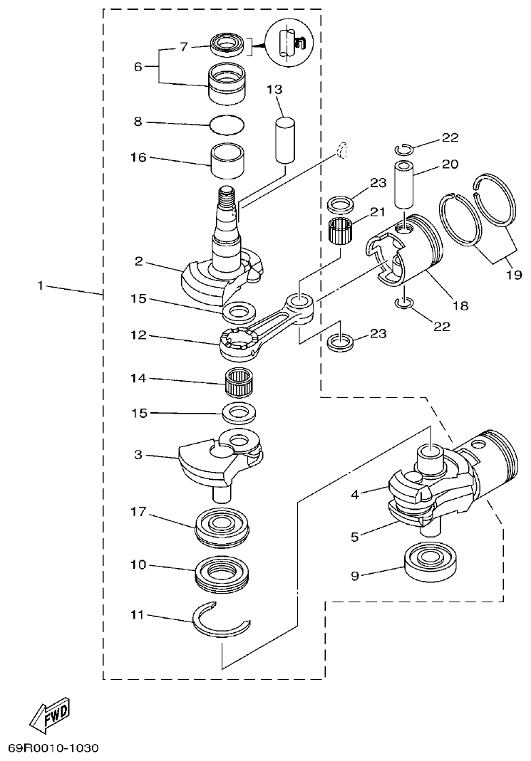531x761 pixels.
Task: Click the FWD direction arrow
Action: tap(51, 715)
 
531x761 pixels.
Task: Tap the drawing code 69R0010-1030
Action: tap(53, 748)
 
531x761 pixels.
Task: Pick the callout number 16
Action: tap(138, 157)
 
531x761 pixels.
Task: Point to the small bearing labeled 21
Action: tap(340, 233)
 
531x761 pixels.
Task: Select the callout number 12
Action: tap(138, 334)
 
